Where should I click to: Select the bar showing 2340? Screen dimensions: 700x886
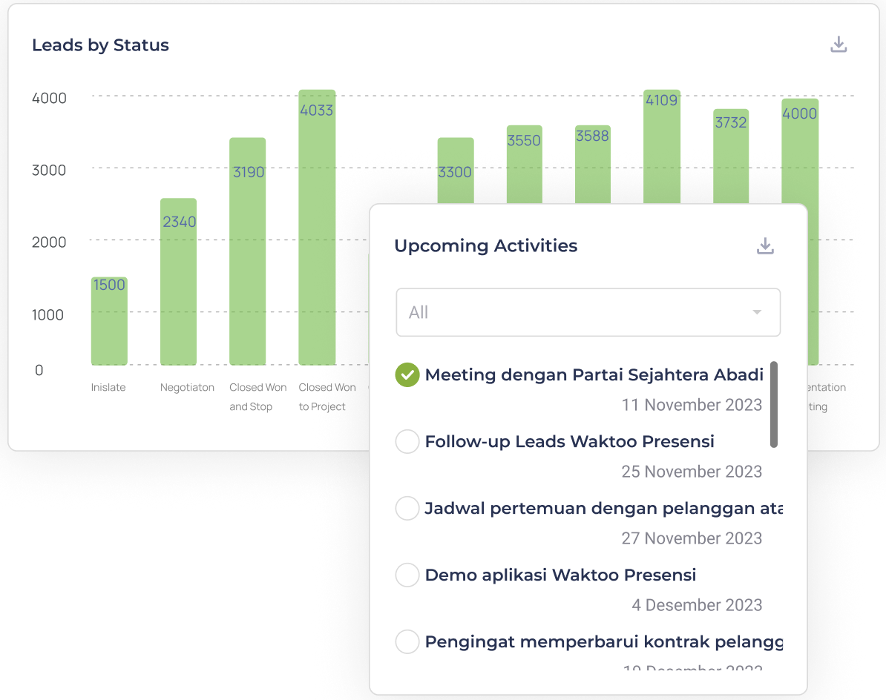178,289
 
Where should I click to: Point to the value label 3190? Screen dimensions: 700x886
249,172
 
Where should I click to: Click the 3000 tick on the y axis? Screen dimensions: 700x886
49,170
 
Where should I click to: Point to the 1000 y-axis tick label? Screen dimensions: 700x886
49,314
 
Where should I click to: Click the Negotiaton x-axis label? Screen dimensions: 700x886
187,387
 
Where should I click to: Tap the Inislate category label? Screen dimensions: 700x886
108,387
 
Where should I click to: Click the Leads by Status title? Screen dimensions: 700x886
100,45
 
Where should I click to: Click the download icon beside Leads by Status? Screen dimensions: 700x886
839,44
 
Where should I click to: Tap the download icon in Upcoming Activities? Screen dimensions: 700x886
765,246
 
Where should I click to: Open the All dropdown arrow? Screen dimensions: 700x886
757,312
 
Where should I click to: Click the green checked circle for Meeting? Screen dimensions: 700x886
407,375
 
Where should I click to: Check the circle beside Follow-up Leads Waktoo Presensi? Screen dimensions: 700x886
407,442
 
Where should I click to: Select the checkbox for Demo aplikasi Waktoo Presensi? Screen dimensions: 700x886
407,575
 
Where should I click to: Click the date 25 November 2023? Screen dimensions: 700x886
692,472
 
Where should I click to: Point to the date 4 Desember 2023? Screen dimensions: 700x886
697,605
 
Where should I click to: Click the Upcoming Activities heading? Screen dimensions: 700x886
485,246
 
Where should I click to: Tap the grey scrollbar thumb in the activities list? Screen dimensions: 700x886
774,405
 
